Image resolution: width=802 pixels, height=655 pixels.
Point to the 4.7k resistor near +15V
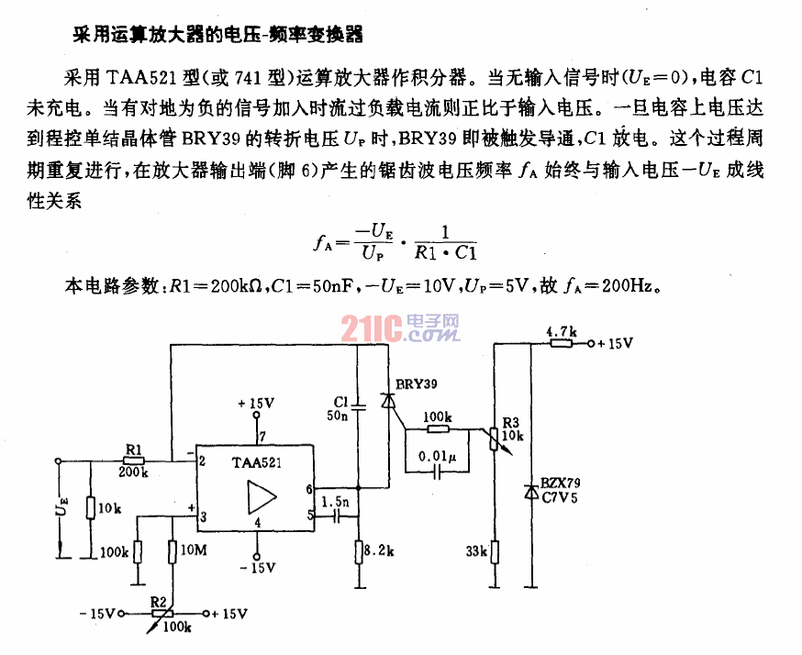point(561,343)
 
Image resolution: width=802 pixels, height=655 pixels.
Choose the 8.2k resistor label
point(378,552)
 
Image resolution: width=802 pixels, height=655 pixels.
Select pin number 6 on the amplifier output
point(309,489)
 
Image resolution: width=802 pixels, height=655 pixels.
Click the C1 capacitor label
point(340,402)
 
